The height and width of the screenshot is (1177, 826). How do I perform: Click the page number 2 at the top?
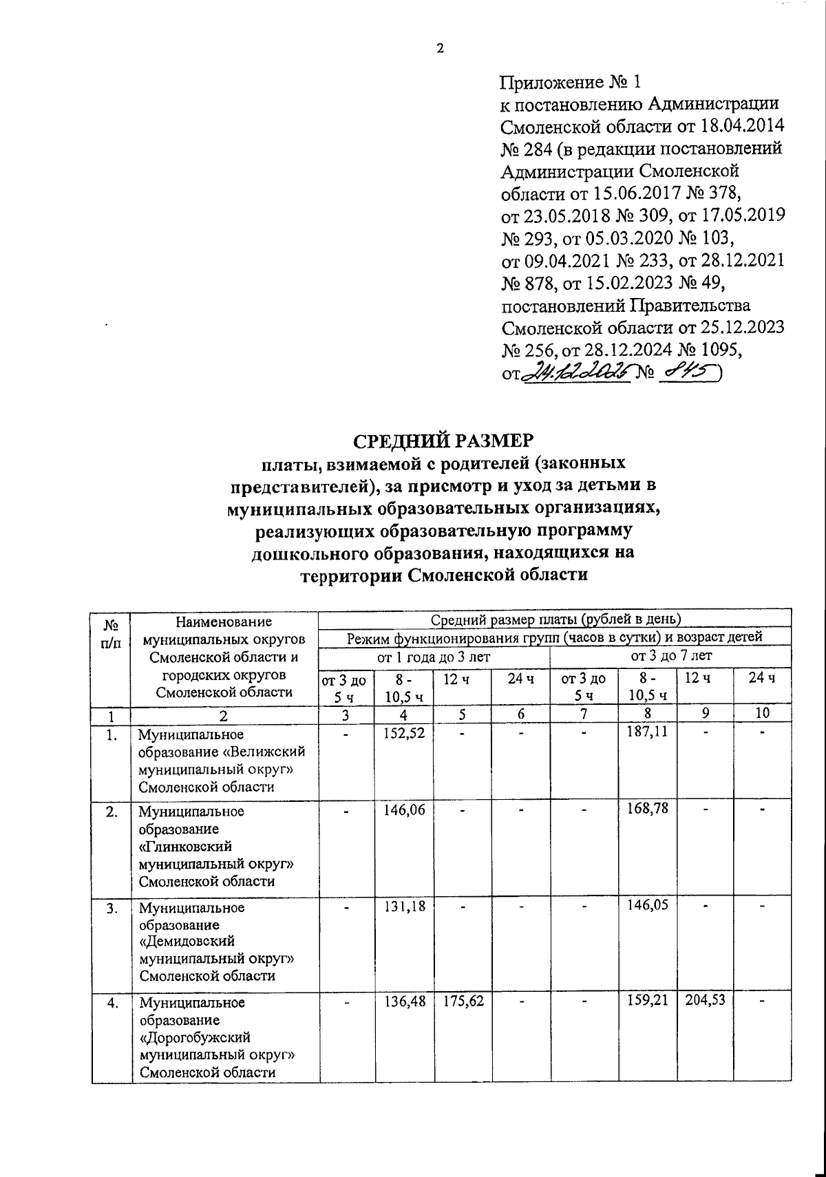point(441,48)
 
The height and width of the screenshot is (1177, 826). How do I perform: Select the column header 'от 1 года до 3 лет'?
point(434,657)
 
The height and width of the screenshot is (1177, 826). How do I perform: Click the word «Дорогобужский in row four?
point(195,1037)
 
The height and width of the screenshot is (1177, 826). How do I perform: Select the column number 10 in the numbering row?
point(761,714)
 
